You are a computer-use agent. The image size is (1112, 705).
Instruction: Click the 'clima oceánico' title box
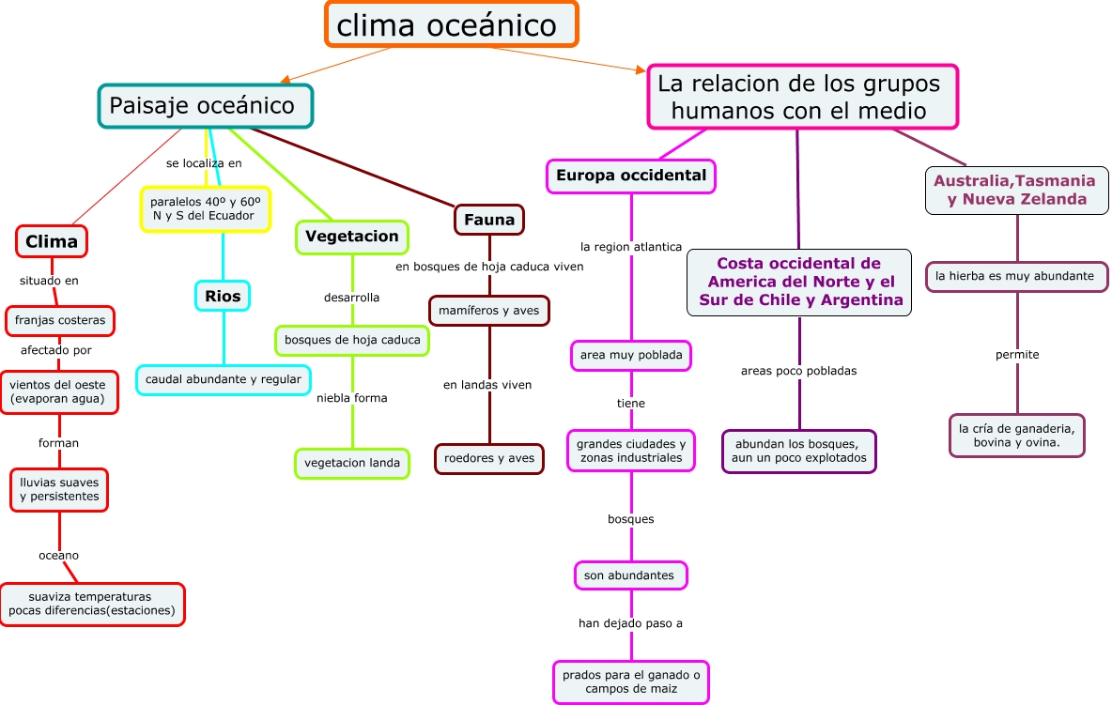tap(451, 24)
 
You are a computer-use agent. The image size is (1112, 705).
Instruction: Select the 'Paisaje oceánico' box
tap(205, 106)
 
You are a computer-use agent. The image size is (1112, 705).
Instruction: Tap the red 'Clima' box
tap(52, 241)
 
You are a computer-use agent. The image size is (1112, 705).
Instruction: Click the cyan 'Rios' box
tap(223, 296)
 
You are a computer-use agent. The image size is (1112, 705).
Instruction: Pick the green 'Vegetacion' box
tap(352, 237)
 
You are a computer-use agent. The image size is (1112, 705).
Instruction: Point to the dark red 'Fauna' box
tap(488, 220)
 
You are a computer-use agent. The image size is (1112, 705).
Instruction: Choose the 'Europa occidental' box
tap(630, 176)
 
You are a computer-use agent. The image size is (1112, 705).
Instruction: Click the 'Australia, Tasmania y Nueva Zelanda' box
tap(1016, 190)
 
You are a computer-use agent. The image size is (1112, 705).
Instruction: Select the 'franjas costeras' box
tap(60, 320)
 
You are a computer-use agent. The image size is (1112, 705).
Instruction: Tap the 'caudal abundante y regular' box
tap(223, 379)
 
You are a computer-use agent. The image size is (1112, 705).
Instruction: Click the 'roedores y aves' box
tap(488, 458)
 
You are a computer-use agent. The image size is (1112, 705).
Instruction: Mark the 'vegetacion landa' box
tap(352, 463)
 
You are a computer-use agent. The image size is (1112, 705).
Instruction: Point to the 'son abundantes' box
tap(629, 575)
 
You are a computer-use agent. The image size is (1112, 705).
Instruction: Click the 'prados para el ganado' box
tap(630, 682)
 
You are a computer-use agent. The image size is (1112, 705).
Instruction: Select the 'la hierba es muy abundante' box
tap(1016, 276)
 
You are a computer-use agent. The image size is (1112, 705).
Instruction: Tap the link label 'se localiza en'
tap(204, 163)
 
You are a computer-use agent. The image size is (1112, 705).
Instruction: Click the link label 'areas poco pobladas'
tap(798, 371)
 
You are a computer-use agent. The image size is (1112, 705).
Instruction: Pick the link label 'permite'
tap(1017, 355)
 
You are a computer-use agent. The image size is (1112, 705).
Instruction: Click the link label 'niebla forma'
tap(352, 398)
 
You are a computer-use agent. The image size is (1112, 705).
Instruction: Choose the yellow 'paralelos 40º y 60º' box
tap(205, 208)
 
